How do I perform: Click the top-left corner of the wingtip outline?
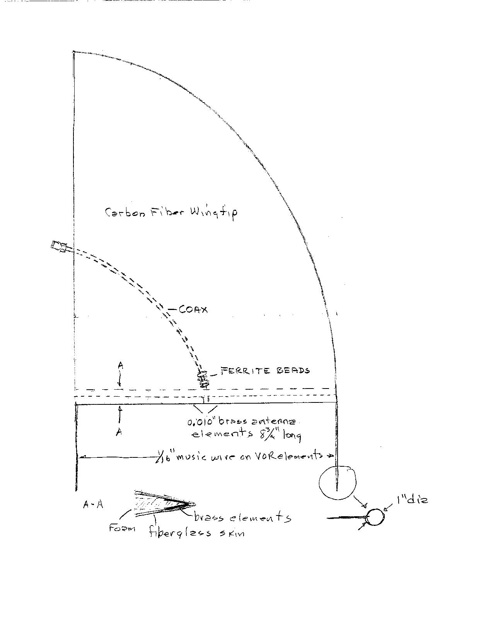pyautogui.click(x=73, y=52)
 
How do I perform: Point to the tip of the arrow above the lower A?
pyautogui.click(x=119, y=406)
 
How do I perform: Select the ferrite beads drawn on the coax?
pyautogui.click(x=203, y=379)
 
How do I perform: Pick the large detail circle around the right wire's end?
pyautogui.click(x=338, y=482)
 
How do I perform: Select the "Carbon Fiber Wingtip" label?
pyautogui.click(x=171, y=212)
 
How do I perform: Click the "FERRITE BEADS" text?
pyautogui.click(x=265, y=371)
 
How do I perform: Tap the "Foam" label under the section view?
pyautogui.click(x=122, y=528)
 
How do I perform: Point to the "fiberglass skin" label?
pyautogui.click(x=197, y=532)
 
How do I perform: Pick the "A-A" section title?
pyautogui.click(x=93, y=505)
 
